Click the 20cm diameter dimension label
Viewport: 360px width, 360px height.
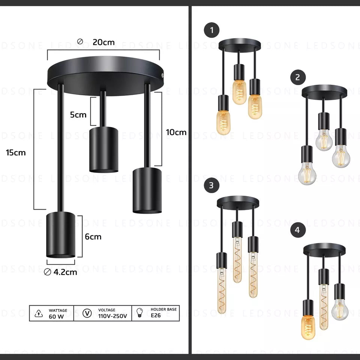(103, 42)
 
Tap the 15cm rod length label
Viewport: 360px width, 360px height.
(16, 153)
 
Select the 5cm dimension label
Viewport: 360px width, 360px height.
(78, 115)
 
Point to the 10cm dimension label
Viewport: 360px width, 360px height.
(176, 132)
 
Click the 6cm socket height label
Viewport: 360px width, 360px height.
(93, 237)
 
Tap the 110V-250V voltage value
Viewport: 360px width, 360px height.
(112, 316)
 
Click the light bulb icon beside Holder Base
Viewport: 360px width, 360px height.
(140, 313)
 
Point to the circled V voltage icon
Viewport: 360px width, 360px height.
(87, 313)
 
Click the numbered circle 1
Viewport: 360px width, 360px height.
(212, 31)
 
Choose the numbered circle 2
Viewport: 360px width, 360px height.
(298, 77)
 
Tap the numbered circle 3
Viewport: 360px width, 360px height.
(211, 185)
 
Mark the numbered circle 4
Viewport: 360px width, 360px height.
(298, 230)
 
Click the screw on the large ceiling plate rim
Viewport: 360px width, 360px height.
(162, 75)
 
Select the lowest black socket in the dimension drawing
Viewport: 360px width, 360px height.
(61, 234)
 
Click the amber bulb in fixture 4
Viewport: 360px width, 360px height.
(308, 327)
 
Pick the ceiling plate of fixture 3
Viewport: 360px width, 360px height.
(238, 202)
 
